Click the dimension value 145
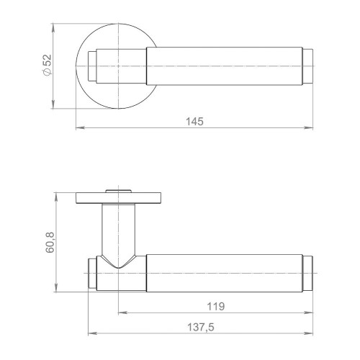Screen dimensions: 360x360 [x=193, y=121]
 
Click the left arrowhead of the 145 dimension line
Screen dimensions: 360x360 [x=78, y=129]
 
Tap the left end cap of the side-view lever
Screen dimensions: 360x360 [x=92, y=273]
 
